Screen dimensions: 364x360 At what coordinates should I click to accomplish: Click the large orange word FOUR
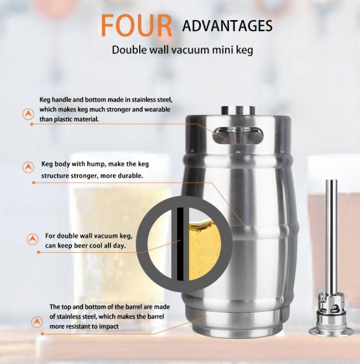point(137,26)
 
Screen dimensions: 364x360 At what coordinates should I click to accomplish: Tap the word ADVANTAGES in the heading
point(227,25)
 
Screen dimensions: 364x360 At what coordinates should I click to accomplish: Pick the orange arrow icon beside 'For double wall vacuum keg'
point(33,239)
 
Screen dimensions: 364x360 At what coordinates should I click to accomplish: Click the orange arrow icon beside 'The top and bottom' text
point(37,321)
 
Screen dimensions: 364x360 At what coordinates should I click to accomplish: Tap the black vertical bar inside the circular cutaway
point(181,244)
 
